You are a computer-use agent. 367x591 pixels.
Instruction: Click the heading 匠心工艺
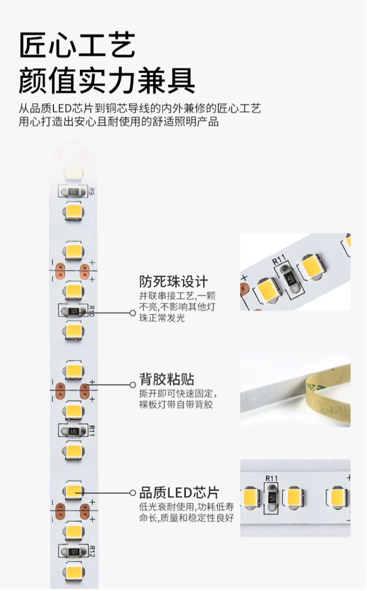tap(77, 45)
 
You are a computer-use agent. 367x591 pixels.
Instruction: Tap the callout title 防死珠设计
tap(173, 282)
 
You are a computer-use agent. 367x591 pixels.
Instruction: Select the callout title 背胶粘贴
tap(167, 379)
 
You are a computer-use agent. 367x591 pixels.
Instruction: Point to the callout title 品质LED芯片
tap(179, 492)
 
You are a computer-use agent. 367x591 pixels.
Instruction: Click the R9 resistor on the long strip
tap(73, 191)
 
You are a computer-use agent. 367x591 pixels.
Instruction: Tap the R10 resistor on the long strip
tap(73, 311)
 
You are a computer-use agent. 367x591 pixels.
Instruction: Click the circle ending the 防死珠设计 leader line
tap(132, 313)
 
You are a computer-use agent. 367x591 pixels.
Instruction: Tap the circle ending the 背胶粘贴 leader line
tap(132, 385)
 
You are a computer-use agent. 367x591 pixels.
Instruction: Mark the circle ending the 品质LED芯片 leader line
tap(132, 493)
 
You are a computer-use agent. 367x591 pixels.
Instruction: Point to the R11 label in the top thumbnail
tap(279, 261)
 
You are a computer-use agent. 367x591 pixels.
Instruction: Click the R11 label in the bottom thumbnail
tap(272, 478)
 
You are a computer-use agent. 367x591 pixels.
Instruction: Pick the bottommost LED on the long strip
tap(74, 572)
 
